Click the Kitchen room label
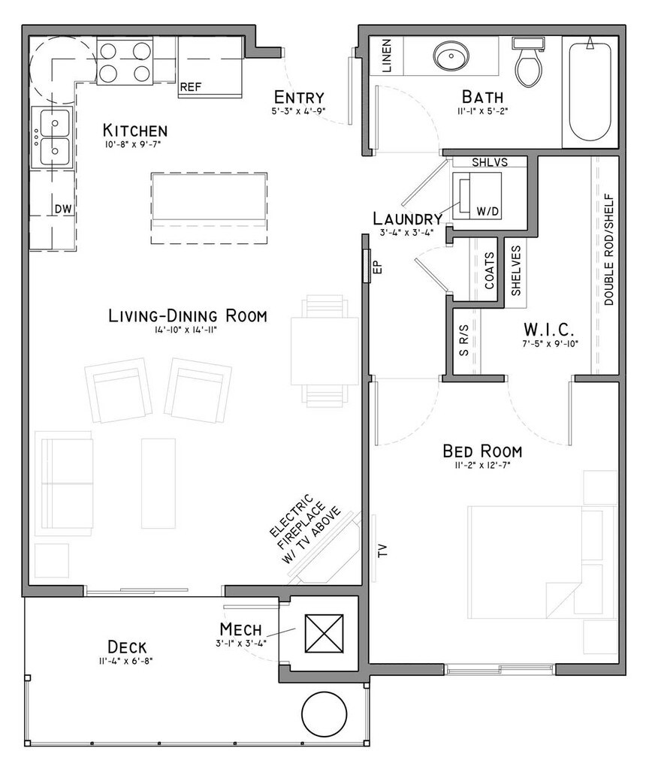click(x=135, y=131)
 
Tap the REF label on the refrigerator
click(x=190, y=87)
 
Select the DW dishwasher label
click(x=63, y=209)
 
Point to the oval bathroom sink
click(x=451, y=55)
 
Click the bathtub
click(x=590, y=92)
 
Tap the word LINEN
click(x=387, y=56)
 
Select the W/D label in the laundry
click(x=487, y=211)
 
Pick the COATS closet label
click(x=490, y=270)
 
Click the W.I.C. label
click(x=548, y=328)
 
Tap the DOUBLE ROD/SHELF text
click(x=609, y=250)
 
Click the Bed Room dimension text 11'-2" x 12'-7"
click(x=483, y=466)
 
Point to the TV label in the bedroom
click(x=383, y=550)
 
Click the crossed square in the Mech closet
click(x=324, y=633)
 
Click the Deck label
click(x=127, y=647)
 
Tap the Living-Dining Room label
click(x=188, y=316)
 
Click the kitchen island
click(x=209, y=208)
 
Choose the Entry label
click(x=299, y=97)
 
